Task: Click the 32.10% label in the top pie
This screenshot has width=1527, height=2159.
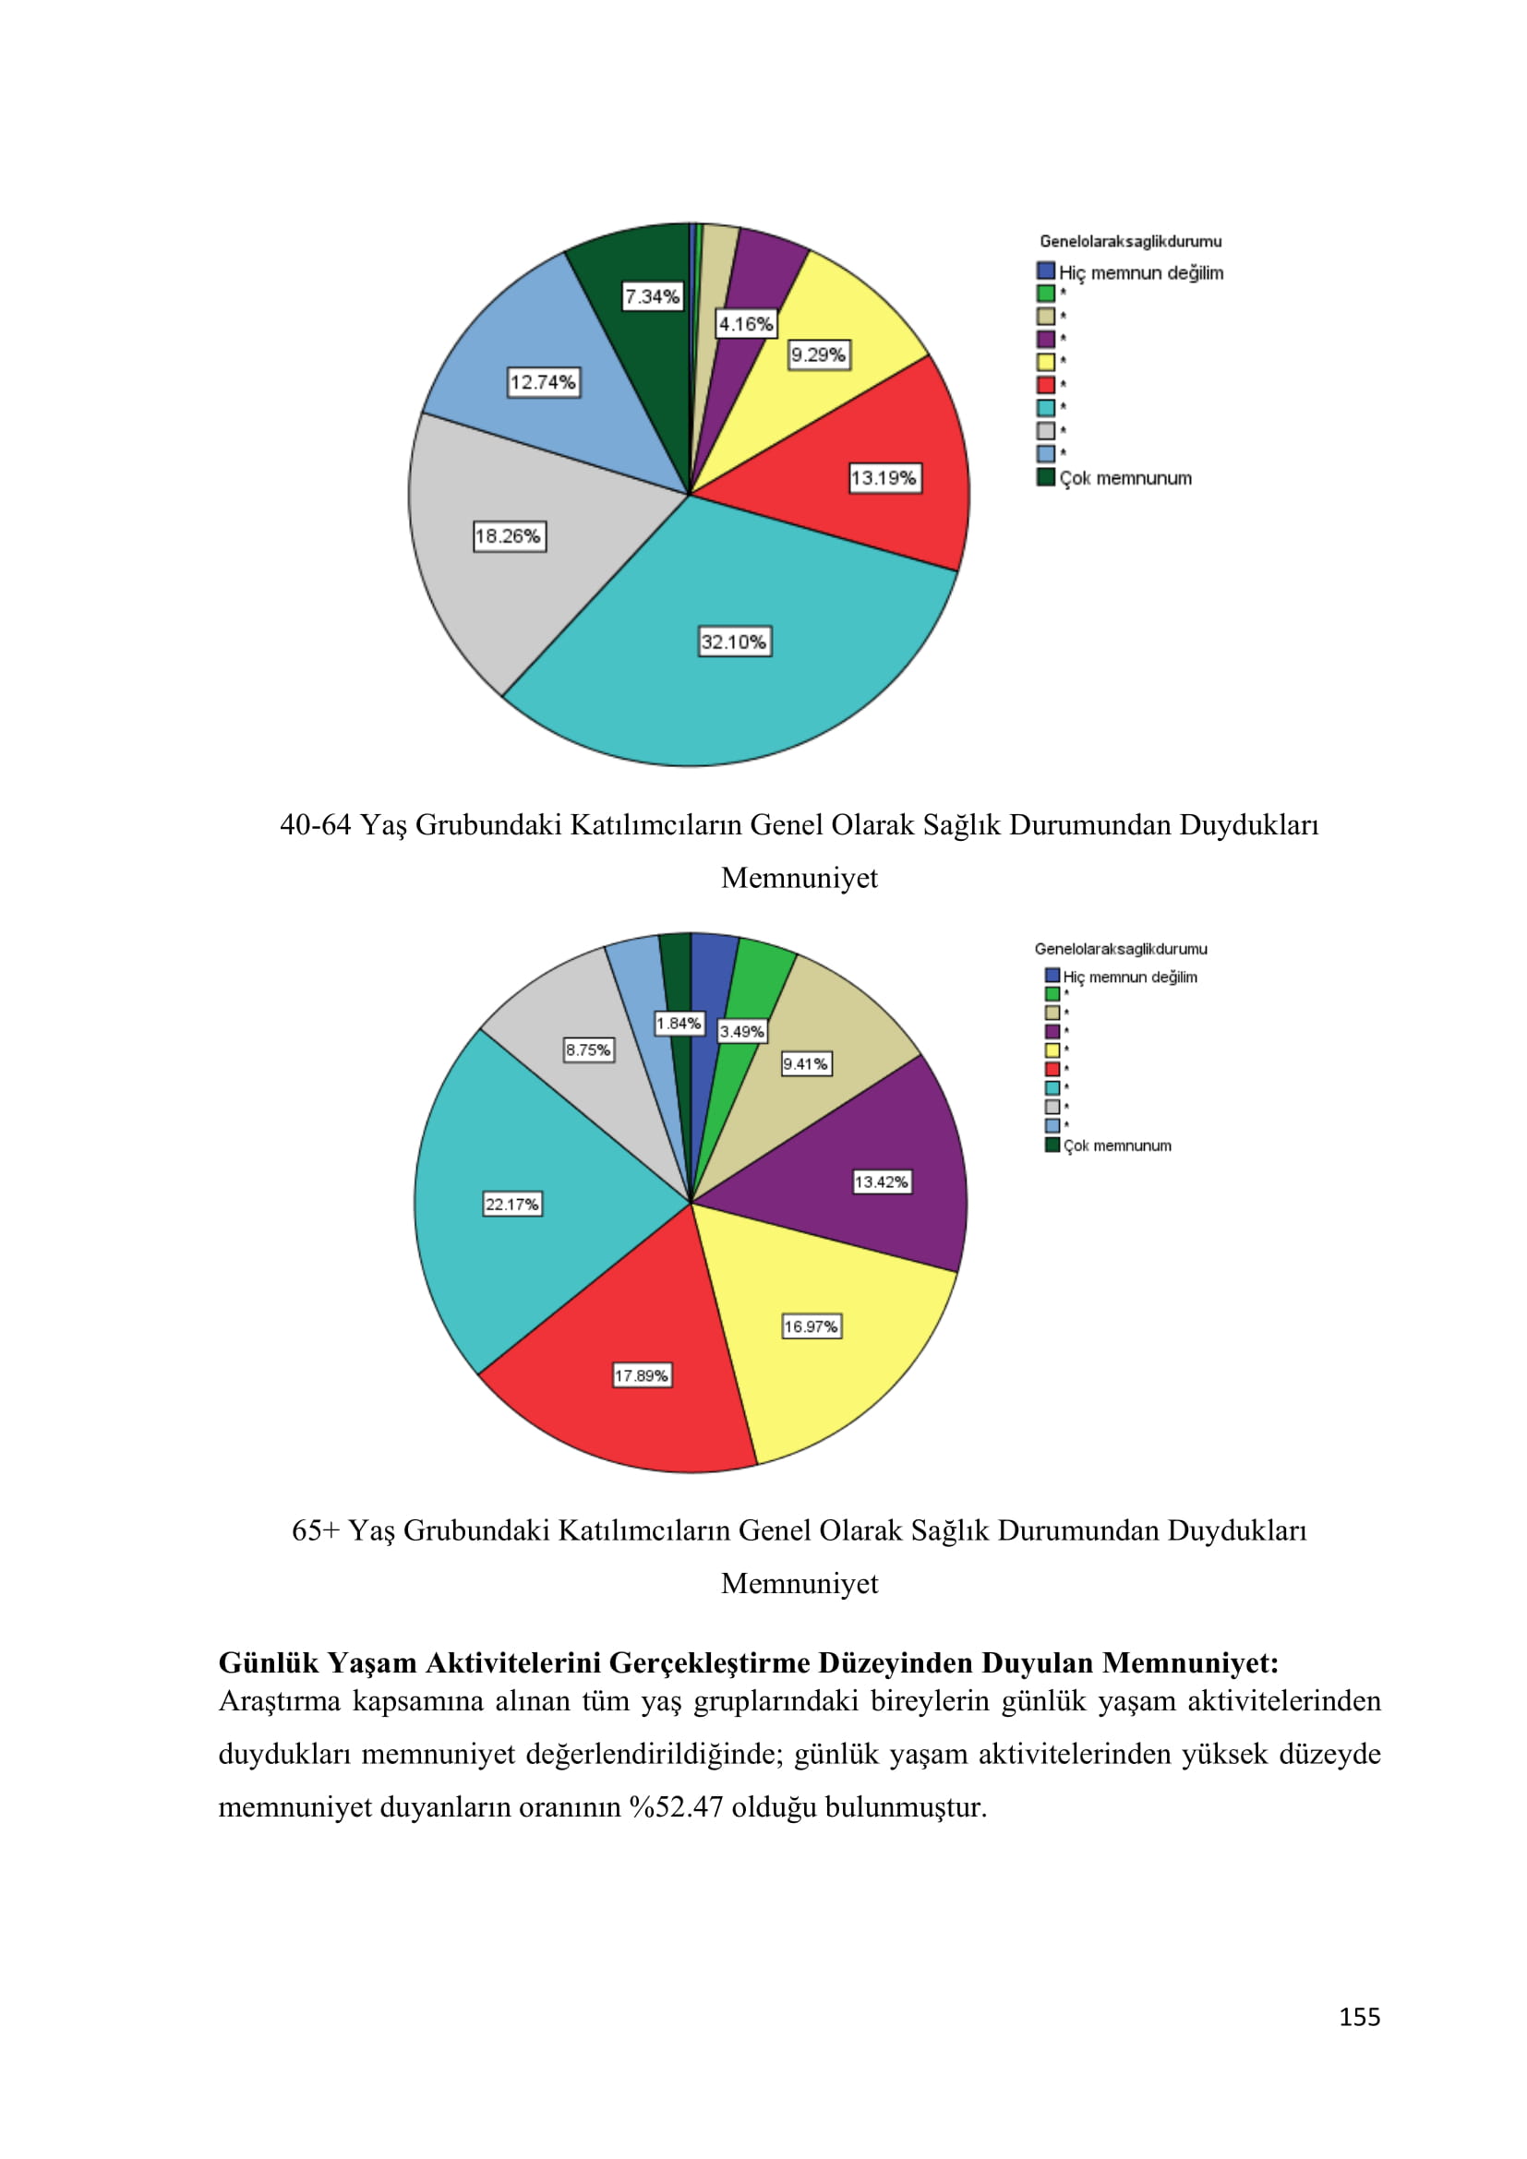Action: point(734,642)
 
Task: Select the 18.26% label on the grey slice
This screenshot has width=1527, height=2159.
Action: point(509,536)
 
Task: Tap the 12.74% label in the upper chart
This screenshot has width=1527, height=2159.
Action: point(543,382)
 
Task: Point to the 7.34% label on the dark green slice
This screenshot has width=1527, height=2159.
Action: point(653,296)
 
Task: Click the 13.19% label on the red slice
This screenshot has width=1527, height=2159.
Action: point(883,478)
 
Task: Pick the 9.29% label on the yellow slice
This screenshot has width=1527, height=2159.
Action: point(818,354)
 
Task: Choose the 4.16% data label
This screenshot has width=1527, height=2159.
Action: point(746,324)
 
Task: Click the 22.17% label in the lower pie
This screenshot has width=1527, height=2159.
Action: point(511,1204)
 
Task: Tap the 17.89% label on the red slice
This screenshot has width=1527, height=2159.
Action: point(642,1375)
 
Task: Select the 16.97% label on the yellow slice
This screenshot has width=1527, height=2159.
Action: point(811,1325)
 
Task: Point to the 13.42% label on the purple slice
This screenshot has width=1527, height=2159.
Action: point(881,1181)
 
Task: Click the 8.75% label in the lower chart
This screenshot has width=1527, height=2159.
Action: point(588,1050)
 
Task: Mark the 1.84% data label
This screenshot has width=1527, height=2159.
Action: point(679,1023)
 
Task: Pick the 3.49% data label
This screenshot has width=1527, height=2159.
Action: point(742,1032)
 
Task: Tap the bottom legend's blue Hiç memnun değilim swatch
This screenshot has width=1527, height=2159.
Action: point(1052,976)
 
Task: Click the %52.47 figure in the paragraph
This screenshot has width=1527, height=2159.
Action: point(676,1806)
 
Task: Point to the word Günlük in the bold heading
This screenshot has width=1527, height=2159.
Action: point(269,1662)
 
